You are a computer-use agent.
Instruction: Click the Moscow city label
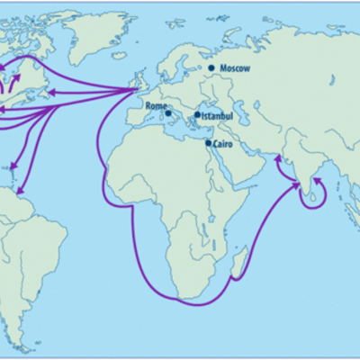click(x=235, y=68)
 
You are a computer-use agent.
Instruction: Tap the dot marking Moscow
click(x=211, y=67)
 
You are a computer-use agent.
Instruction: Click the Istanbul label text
click(x=216, y=115)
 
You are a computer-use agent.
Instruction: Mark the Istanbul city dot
click(x=197, y=114)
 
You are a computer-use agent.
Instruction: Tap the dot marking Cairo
click(x=209, y=142)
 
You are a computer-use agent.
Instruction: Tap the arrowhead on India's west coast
click(x=278, y=158)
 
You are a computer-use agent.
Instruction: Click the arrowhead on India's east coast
click(x=315, y=181)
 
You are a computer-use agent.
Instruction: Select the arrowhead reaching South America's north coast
click(x=17, y=192)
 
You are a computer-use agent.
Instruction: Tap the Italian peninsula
click(x=172, y=113)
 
